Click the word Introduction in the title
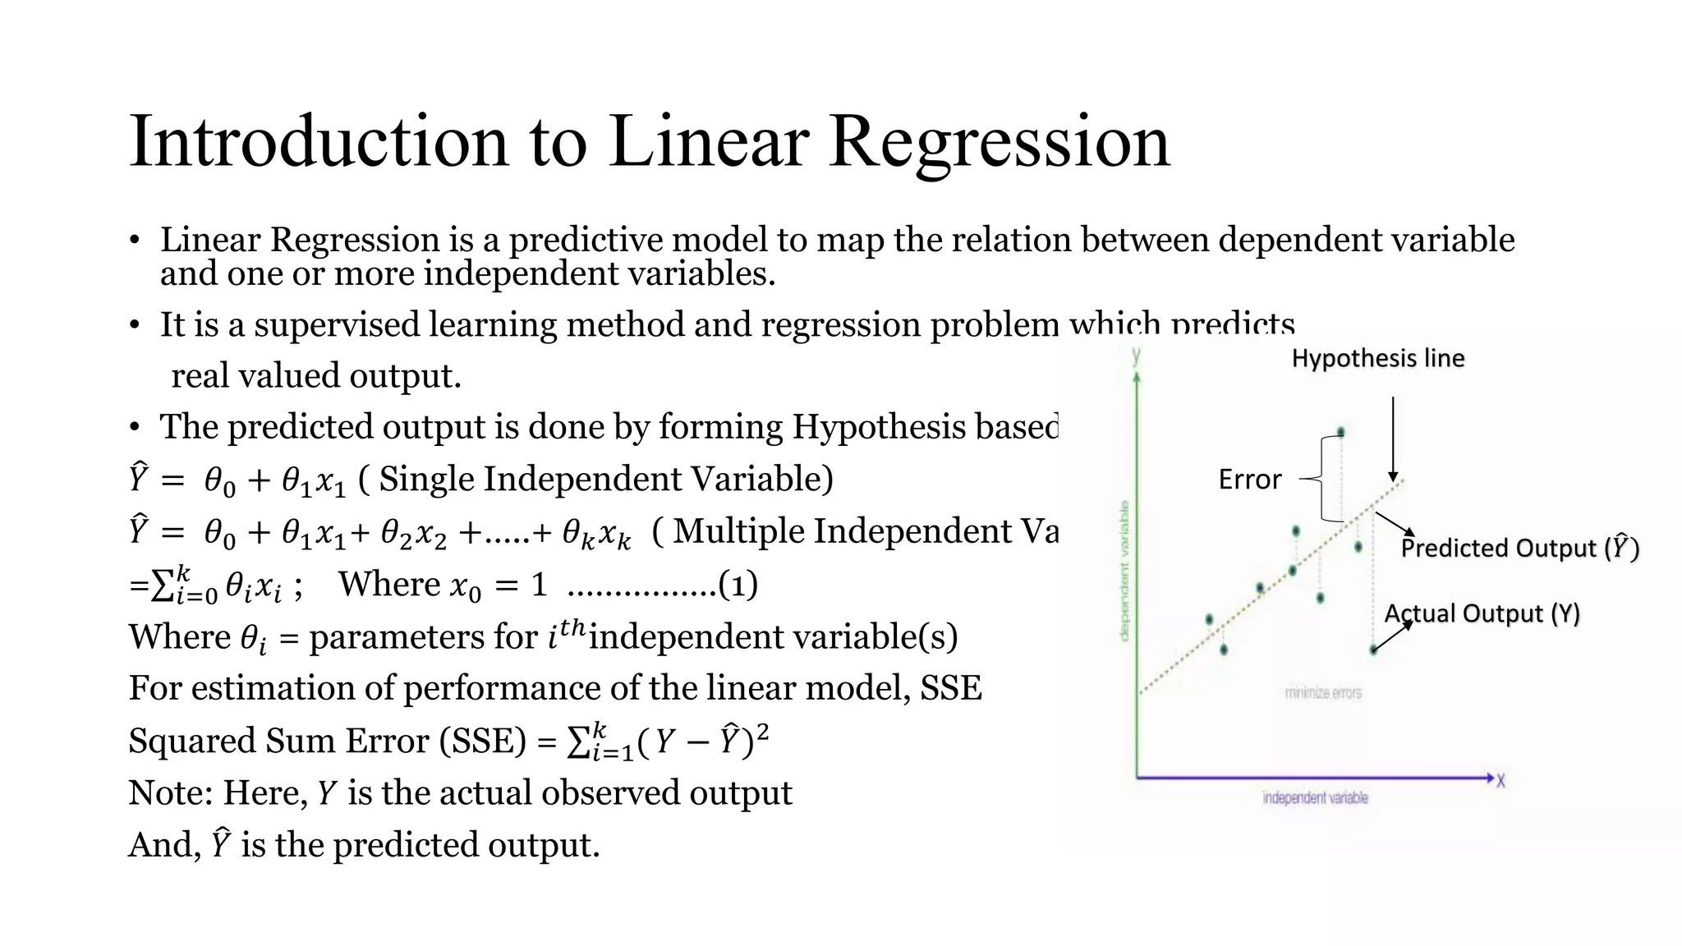[319, 141]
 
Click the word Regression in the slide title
[999, 141]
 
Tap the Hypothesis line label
[1377, 358]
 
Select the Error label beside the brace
[1249, 480]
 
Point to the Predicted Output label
[1519, 548]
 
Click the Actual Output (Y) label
[1482, 613]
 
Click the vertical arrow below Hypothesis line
[1393, 439]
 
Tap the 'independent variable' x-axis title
[1315, 797]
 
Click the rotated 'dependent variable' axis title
[1124, 571]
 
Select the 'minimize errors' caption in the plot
[1322, 693]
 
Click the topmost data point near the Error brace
[1341, 432]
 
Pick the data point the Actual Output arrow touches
[1373, 650]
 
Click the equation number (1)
[738, 585]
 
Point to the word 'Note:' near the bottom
[170, 793]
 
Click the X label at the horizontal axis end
[1500, 781]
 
